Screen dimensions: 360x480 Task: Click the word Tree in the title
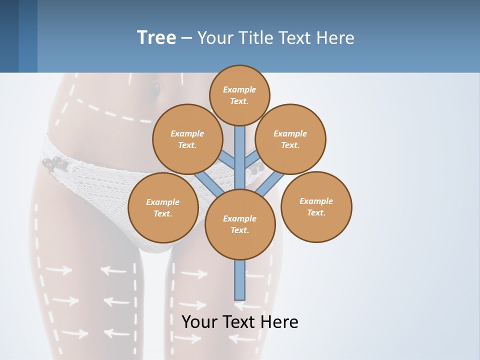tap(156, 37)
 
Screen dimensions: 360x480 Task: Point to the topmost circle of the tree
tap(239, 95)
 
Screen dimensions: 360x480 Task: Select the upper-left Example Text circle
tap(187, 139)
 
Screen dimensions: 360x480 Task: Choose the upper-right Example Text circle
tap(290, 139)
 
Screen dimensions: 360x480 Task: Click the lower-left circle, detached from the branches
tap(163, 207)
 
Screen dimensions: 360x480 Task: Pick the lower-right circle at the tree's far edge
tap(316, 206)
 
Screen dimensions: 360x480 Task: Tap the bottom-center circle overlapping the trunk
tap(240, 224)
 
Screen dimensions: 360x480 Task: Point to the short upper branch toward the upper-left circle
tap(227, 160)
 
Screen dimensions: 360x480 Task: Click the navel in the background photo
tap(155, 90)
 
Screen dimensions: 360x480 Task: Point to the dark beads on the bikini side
tap(54, 163)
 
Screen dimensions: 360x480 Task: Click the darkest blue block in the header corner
tap(9, 36)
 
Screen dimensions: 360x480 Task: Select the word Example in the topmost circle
tap(239, 89)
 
